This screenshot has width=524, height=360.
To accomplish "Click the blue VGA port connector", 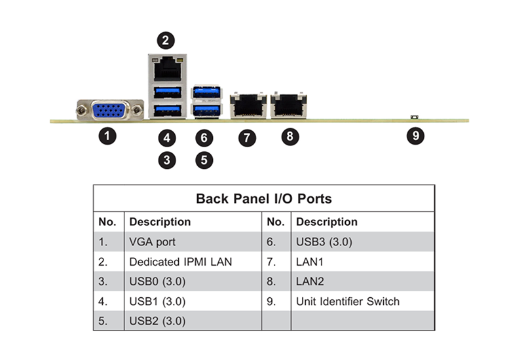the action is (x=109, y=111).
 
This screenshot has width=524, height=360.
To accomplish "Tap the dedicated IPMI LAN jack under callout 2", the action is (x=168, y=69).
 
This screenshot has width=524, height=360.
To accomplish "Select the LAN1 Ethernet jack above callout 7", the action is (x=248, y=105).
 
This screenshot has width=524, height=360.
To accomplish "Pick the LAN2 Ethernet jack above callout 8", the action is (x=289, y=105).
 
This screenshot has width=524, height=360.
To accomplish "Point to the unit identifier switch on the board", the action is (x=415, y=117).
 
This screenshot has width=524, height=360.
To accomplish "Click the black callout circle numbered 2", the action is (x=166, y=41).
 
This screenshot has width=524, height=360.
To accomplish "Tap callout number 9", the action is (x=415, y=135).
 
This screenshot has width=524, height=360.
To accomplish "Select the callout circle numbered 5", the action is (x=204, y=160).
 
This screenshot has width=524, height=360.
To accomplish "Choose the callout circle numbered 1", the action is (x=107, y=136).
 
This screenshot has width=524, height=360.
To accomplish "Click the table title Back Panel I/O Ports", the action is (x=264, y=198).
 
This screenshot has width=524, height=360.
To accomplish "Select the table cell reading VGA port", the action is (x=153, y=242).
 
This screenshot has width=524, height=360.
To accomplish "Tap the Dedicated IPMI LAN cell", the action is (x=181, y=261).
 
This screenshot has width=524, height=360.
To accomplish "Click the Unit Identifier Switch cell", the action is (x=348, y=301).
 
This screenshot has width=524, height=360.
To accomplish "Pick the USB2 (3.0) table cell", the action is (x=157, y=321).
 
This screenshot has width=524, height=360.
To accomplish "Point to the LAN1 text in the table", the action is (x=309, y=261).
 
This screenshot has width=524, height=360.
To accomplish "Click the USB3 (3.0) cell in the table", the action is (x=324, y=242).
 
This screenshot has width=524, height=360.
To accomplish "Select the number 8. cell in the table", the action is (x=271, y=281).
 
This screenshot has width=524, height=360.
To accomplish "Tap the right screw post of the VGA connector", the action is (x=137, y=110).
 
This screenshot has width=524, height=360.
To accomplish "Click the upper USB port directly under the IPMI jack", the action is (x=168, y=92).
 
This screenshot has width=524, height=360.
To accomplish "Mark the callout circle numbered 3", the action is (x=167, y=160).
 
